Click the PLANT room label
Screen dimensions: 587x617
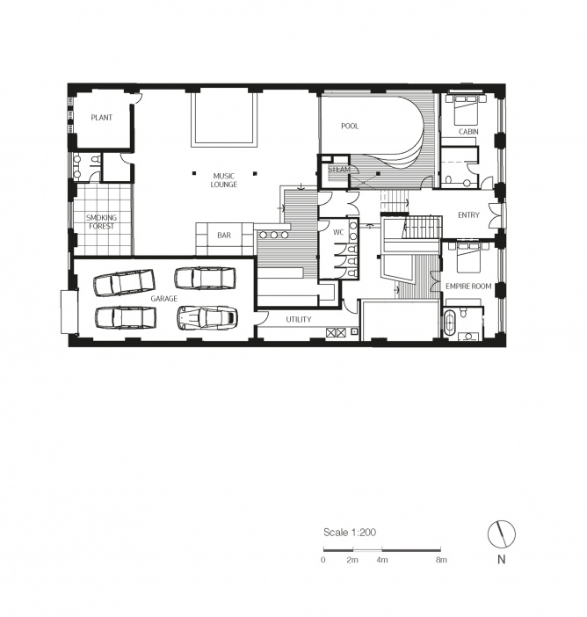(102, 117)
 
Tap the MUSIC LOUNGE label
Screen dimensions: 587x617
(224, 180)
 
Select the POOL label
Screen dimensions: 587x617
(350, 126)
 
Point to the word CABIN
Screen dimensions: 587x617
(468, 132)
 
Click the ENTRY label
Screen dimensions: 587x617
(468, 214)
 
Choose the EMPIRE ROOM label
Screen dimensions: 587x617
(468, 286)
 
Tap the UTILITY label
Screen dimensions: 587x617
(299, 320)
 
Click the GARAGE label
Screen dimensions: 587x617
(164, 299)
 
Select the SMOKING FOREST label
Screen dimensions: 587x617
(102, 222)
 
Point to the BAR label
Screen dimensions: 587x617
(224, 236)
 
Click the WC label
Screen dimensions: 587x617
(338, 232)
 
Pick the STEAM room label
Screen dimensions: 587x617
(338, 170)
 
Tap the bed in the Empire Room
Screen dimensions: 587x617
(467, 257)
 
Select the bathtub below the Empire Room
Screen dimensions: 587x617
(450, 323)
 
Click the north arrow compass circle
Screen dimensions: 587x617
(502, 534)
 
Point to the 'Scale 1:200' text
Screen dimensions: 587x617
(350, 533)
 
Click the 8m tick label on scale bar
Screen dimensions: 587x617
(441, 560)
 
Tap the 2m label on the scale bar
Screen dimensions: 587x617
(352, 560)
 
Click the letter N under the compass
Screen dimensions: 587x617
(501, 559)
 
